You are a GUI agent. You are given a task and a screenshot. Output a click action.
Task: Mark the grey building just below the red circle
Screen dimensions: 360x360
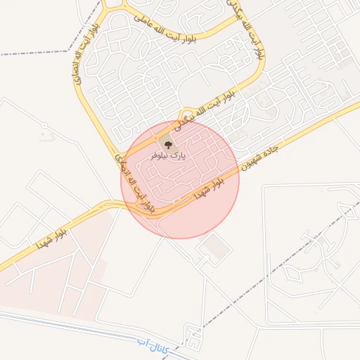click(x=214, y=247)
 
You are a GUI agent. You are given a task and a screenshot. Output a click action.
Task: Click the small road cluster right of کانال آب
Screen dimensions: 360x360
click(x=190, y=333)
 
